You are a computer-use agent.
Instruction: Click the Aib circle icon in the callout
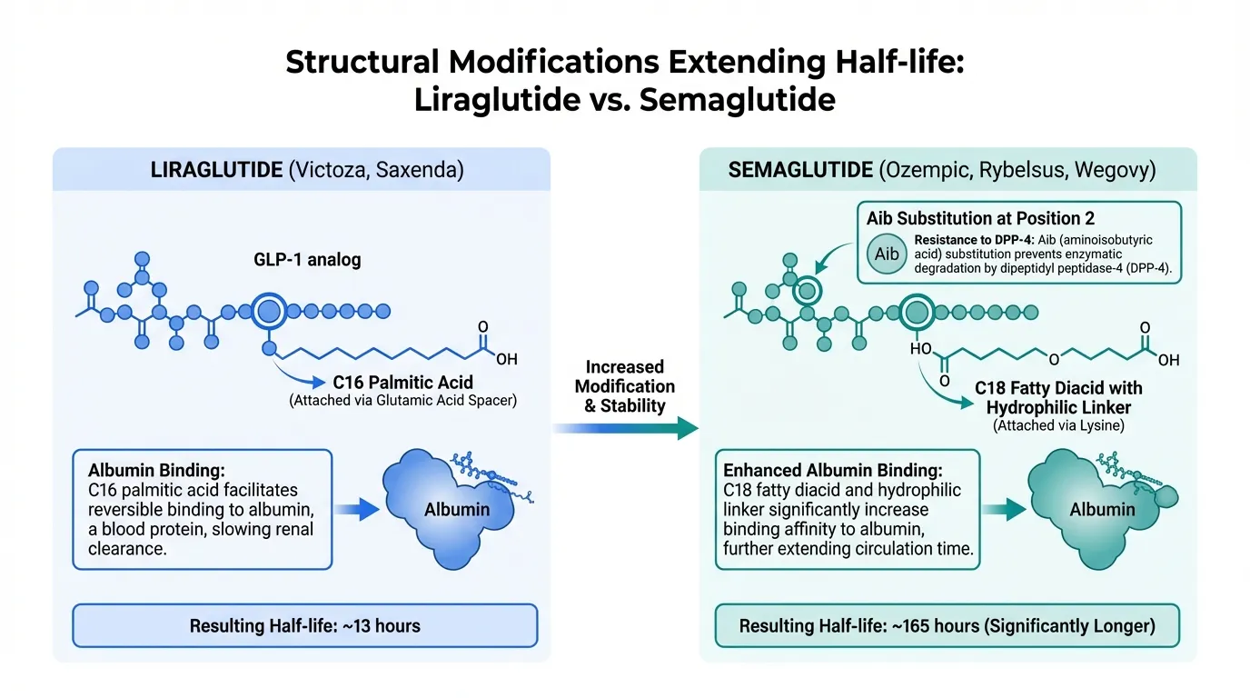coord(888,254)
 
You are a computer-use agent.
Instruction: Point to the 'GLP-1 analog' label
coord(307,260)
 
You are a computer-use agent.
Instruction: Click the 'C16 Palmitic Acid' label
coord(402,383)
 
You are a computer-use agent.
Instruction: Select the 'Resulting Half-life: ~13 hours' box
coord(305,625)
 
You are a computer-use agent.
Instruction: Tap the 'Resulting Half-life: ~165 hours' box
coord(947,625)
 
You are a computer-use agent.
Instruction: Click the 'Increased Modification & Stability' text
coord(625,386)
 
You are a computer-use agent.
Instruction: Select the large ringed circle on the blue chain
coord(269,312)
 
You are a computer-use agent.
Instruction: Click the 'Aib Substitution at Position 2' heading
coord(980,219)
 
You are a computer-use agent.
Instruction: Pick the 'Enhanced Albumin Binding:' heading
coord(832,471)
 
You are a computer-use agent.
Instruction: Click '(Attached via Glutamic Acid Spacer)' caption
coord(402,401)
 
